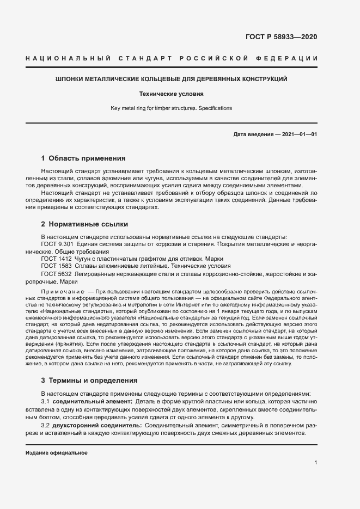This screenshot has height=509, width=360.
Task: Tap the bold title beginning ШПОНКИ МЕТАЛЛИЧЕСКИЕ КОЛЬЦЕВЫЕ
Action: [x=172, y=79]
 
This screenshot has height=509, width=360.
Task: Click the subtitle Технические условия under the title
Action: [x=171, y=94]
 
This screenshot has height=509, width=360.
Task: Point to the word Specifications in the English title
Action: [x=215, y=108]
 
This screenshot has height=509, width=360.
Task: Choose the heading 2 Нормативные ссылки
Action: [x=84, y=224]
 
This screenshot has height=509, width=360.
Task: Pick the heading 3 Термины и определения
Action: [x=89, y=380]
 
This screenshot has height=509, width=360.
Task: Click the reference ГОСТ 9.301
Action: [x=57, y=244]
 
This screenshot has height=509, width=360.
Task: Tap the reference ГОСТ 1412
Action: [x=56, y=259]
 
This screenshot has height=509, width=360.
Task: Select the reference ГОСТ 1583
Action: [x=56, y=267]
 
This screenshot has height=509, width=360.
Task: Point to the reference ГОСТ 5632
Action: [x=56, y=275]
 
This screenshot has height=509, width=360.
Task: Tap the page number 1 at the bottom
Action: [x=316, y=463]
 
